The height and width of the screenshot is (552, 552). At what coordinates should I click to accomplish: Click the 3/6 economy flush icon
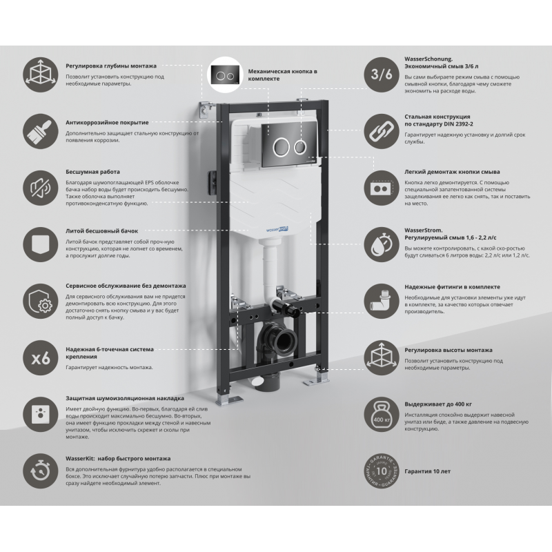(382, 75)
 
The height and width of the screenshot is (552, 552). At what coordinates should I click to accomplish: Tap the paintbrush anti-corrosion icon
(41, 131)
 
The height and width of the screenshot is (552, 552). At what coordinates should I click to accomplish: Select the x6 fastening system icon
(41, 358)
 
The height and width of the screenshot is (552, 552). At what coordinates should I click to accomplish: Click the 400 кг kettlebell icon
(382, 415)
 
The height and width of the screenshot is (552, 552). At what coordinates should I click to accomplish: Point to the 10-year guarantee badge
(382, 471)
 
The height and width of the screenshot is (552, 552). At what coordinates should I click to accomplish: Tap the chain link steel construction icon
(382, 131)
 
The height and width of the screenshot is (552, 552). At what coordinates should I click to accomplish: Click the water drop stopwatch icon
(382, 245)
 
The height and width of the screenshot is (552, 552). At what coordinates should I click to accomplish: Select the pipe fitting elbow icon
(382, 302)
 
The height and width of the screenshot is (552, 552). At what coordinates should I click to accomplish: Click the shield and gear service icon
(41, 302)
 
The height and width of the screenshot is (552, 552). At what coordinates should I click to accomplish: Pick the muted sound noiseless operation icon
(41, 188)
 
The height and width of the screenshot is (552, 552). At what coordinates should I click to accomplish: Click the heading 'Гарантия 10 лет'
(427, 471)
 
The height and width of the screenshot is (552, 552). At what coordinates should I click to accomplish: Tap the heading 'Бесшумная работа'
(92, 172)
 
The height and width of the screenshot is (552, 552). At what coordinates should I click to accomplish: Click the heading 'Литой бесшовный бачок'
(101, 231)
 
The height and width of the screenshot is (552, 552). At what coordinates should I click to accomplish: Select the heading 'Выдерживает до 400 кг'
(438, 404)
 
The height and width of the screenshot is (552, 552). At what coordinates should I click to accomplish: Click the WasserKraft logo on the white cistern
(277, 230)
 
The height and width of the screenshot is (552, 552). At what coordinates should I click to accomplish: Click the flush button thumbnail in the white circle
(225, 75)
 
